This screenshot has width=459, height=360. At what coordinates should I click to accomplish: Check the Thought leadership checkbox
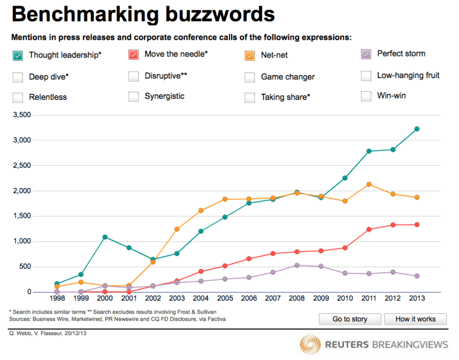pyautogui.click(x=18, y=55)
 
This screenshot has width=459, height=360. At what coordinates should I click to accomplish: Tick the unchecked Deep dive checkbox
pyautogui.click(x=18, y=78)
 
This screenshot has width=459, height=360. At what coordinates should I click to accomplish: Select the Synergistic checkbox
pyautogui.click(x=134, y=96)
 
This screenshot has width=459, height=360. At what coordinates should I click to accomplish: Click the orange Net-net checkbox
pyautogui.click(x=250, y=55)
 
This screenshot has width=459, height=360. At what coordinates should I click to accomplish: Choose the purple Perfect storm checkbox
pyautogui.click(x=366, y=54)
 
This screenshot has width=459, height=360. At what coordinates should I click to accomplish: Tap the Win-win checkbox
pyautogui.click(x=366, y=96)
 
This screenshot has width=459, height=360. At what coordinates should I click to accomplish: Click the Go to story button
pyautogui.click(x=350, y=319)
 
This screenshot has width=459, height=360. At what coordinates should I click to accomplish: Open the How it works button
pyautogui.click(x=415, y=319)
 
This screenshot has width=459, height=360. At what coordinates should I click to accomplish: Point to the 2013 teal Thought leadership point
pyautogui.click(x=417, y=129)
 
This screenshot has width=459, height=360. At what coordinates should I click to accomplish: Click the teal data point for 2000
pyautogui.click(x=105, y=237)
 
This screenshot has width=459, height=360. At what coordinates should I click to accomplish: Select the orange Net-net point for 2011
pyautogui.click(x=369, y=185)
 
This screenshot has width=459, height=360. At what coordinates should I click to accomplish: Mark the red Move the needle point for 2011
pyautogui.click(x=369, y=229)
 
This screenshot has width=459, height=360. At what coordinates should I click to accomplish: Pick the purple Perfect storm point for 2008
pyautogui.click(x=297, y=265)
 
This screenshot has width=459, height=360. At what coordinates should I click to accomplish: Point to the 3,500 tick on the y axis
pyautogui.click(x=22, y=115)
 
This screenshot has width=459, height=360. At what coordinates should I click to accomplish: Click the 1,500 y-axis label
pyautogui.click(x=22, y=216)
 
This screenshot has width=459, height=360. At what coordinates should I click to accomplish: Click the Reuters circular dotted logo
pyautogui.click(x=310, y=345)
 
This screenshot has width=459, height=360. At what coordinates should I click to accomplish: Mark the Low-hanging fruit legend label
pyautogui.click(x=408, y=75)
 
